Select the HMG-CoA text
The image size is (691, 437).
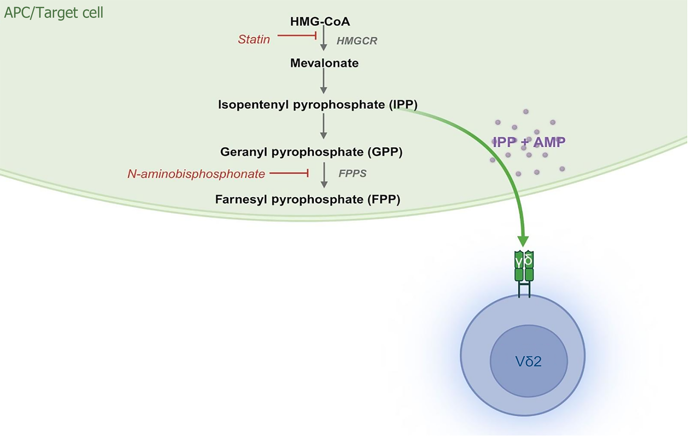[x=320, y=22]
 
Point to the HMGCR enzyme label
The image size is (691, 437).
[x=357, y=41]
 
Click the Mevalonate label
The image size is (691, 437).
[x=324, y=63]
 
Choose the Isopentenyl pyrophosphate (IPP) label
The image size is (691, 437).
[x=317, y=105]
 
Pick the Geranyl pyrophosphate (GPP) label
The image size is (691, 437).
[x=311, y=152]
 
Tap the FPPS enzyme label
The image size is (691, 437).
[x=352, y=173]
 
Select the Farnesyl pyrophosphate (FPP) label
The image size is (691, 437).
[x=308, y=199]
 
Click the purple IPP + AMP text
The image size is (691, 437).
[x=529, y=142]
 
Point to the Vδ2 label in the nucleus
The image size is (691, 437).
[x=528, y=361]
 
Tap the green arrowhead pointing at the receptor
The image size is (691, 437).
[x=523, y=241]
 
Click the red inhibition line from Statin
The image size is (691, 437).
[x=297, y=36]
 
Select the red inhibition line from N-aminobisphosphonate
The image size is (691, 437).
[x=289, y=173]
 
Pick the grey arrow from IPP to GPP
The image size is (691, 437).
[x=324, y=126]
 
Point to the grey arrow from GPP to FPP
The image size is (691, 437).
[x=324, y=175]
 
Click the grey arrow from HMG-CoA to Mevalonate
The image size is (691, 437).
[x=324, y=39]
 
